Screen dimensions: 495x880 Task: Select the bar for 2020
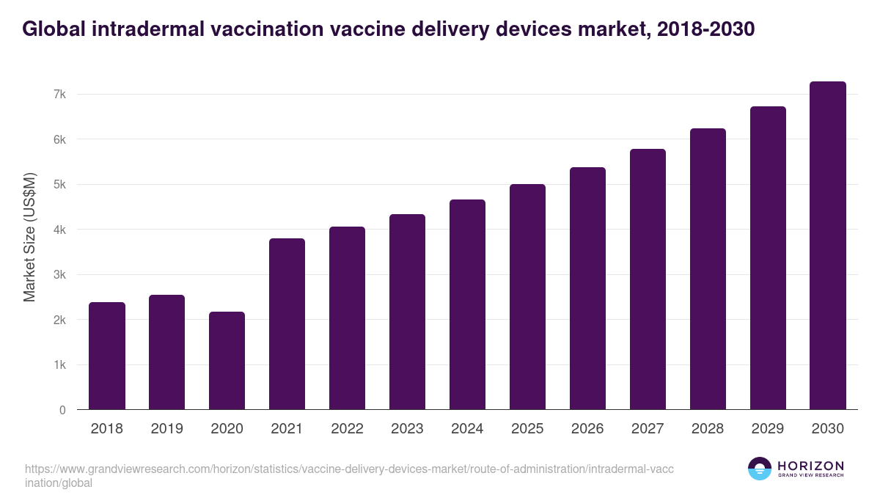pos(227,361)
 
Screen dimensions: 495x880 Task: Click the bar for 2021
pos(287,324)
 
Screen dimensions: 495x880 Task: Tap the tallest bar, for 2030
pos(828,246)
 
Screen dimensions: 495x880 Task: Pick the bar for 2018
pos(107,356)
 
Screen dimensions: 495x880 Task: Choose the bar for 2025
pos(527,297)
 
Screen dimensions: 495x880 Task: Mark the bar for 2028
pos(708,269)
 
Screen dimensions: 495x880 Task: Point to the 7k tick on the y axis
pos(59,95)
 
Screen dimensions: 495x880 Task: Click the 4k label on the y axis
pos(59,230)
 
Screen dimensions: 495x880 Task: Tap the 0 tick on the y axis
pos(62,411)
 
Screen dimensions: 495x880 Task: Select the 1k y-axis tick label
pos(59,365)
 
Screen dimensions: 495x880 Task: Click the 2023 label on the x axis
pos(407,429)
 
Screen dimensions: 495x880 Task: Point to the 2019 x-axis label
pos(166,429)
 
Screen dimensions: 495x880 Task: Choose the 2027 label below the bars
pos(648,429)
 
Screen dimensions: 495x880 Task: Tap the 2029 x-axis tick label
pos(768,429)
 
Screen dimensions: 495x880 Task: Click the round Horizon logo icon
pos(760,469)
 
